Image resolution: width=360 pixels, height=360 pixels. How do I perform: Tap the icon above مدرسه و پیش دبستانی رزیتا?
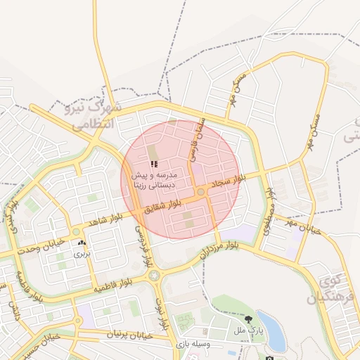pos(154,164)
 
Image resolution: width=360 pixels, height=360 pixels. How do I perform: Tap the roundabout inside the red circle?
pos(201,191)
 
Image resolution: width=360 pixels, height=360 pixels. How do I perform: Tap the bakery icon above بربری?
pos(82,243)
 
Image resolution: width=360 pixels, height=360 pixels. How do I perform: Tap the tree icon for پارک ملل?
pos(268,320)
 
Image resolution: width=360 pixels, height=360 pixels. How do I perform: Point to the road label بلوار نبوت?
pos(162,314)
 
